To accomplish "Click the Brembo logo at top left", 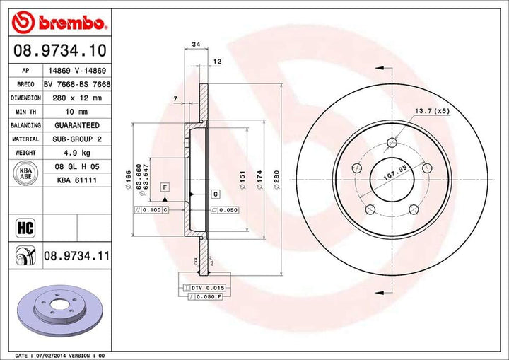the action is click(x=59, y=22).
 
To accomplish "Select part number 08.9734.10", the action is click(x=60, y=50).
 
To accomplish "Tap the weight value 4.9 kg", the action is click(x=77, y=153).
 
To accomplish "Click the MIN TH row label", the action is click(x=25, y=112).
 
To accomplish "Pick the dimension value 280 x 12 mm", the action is click(x=77, y=98).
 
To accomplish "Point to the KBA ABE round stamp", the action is click(x=25, y=173).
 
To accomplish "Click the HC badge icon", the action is click(x=25, y=228).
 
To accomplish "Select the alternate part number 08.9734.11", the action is click(x=76, y=256).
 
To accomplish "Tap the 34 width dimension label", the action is click(x=196, y=44).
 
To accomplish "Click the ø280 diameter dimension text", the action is click(x=276, y=180).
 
